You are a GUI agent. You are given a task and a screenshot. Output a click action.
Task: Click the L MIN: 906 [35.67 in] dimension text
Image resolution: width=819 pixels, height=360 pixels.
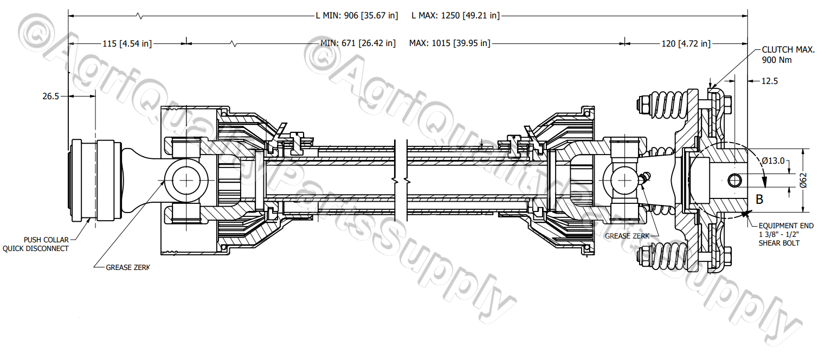pyautogui.click(x=357, y=16)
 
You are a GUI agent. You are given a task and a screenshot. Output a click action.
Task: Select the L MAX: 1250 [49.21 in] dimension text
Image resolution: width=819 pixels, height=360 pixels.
pyautogui.click(x=455, y=16)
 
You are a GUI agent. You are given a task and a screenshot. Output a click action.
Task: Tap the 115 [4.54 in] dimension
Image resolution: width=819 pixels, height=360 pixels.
pyautogui.click(x=127, y=43)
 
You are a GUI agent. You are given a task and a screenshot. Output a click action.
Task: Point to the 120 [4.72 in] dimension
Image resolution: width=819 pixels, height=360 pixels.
pyautogui.click(x=685, y=43)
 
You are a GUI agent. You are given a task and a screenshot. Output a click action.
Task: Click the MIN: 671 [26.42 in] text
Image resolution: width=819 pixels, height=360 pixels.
pyautogui.click(x=358, y=43)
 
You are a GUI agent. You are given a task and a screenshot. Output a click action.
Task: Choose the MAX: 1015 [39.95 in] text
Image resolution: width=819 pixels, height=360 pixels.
pyautogui.click(x=449, y=43)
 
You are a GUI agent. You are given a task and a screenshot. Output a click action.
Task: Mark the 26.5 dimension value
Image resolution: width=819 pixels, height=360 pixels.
pyautogui.click(x=50, y=96)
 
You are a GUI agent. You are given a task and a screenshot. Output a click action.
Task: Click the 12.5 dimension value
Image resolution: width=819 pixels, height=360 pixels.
pyautogui.click(x=769, y=81)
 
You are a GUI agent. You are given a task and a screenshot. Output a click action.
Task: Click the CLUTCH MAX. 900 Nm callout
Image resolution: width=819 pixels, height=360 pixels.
pyautogui.click(x=788, y=55)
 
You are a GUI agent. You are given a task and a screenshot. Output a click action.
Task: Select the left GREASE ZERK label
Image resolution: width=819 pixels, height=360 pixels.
pyautogui.click(x=127, y=267)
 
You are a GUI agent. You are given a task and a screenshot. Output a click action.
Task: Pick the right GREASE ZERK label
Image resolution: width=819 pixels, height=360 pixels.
pyautogui.click(x=627, y=236)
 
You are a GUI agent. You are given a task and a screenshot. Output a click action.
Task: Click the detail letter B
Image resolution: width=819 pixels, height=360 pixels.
pyautogui.click(x=759, y=200)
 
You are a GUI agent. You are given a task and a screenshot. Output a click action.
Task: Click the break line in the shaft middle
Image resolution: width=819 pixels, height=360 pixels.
pyautogui.click(x=401, y=179)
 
